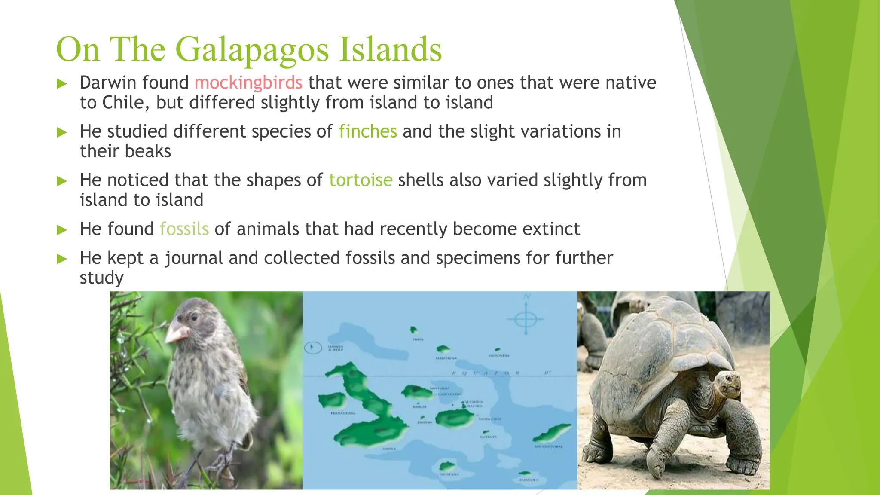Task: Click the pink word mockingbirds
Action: tap(248, 82)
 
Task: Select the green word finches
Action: tap(368, 131)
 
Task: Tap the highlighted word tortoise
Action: tap(361, 180)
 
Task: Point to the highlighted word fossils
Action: tap(184, 229)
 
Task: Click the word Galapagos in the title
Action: tap(252, 49)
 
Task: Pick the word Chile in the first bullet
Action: tap(126, 103)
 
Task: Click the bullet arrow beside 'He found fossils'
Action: tap(63, 230)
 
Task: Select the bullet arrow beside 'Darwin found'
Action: tap(63, 83)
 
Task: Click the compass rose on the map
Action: tap(526, 319)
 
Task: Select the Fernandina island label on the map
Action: tap(342, 413)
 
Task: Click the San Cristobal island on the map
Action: tap(552, 432)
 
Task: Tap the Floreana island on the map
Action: tap(447, 466)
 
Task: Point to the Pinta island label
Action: tap(418, 339)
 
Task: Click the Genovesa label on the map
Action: tap(499, 356)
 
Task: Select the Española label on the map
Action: tap(528, 480)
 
